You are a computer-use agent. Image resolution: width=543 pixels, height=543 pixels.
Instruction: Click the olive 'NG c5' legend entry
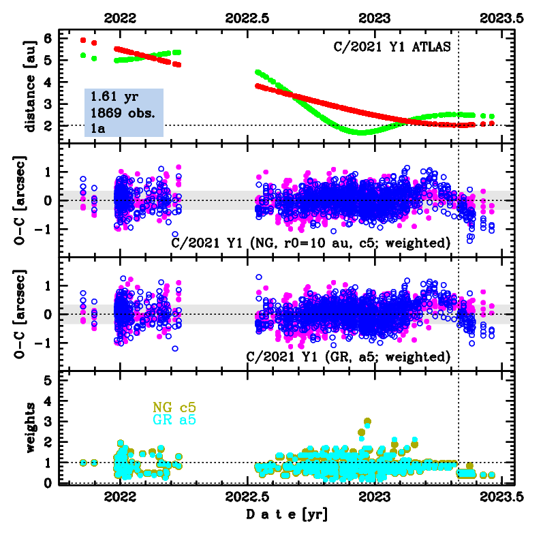click(173, 407)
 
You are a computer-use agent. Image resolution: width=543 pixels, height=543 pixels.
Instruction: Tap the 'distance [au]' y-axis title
click(28, 84)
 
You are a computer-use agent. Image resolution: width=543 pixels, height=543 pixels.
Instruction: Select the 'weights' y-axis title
click(28, 426)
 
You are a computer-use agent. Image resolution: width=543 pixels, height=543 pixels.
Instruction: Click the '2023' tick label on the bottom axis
click(374, 497)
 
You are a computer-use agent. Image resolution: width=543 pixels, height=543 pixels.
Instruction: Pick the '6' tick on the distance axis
click(47, 39)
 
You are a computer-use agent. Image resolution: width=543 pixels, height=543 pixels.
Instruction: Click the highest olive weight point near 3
click(368, 422)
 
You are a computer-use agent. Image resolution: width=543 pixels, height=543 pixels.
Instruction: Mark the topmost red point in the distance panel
click(83, 40)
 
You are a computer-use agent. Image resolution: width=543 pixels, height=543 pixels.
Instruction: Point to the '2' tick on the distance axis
click(47, 125)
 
